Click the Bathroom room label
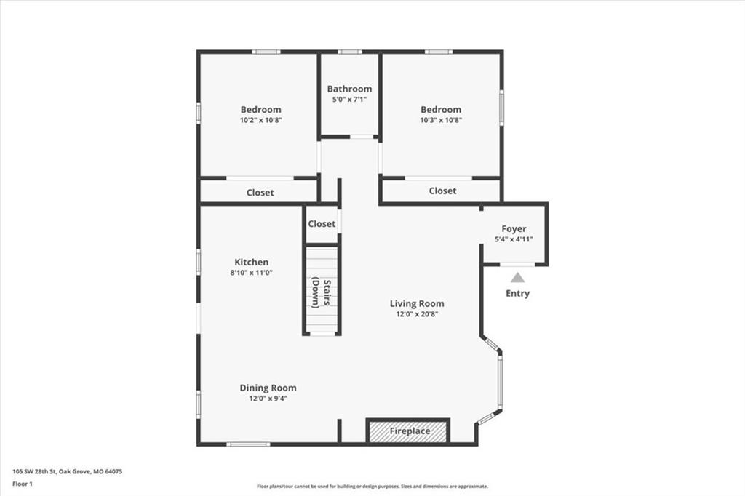[x=349, y=89]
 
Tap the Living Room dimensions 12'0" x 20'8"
[x=417, y=314]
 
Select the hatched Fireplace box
[x=407, y=431]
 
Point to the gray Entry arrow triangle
[x=517, y=278]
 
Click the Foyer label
[x=514, y=229]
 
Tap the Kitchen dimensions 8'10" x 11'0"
[x=251, y=273]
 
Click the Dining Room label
[x=268, y=388]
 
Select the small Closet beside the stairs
[x=321, y=224]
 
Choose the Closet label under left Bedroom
[x=260, y=193]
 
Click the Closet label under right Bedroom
[x=442, y=191]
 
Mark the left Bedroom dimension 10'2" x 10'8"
[x=261, y=120]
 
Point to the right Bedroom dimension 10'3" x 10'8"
[x=441, y=120]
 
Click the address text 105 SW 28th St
[x=35, y=472]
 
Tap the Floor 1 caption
[x=23, y=484]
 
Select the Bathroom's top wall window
[x=350, y=52]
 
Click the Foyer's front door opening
[x=517, y=264]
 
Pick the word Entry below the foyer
[x=517, y=293]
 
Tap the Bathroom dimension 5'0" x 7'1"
[x=349, y=100]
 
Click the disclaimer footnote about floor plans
[x=372, y=486]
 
